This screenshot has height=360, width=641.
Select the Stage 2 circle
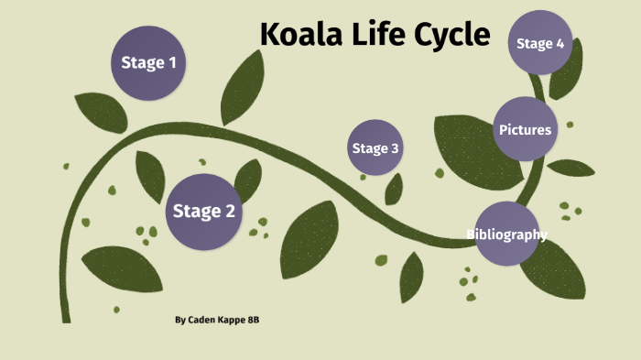tap(204, 212)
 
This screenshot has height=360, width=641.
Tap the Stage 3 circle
tap(375, 148)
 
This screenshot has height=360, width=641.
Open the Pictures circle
tap(525, 129)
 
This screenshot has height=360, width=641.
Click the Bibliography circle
tap(506, 235)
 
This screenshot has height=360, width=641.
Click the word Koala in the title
tap(300, 34)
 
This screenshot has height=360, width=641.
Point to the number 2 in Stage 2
tap(230, 213)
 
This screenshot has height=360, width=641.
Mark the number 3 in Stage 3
tap(395, 148)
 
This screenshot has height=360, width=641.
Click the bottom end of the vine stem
tap(66, 319)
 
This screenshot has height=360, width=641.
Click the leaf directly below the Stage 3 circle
tap(394, 190)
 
